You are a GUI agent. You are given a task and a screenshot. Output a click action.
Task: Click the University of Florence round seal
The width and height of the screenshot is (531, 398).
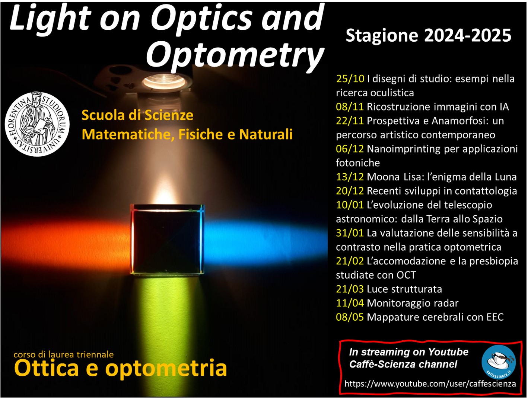37,124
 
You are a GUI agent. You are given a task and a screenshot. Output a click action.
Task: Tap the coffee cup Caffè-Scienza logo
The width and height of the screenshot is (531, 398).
499,362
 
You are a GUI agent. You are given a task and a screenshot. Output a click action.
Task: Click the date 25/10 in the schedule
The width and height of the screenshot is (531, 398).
350,79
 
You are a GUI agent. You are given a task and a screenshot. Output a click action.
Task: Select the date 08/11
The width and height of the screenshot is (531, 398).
350,107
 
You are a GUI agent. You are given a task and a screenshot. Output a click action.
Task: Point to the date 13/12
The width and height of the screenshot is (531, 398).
350,177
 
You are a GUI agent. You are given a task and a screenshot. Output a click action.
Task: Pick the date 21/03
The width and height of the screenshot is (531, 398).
350,289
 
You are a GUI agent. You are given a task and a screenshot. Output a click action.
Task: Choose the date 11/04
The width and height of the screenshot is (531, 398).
350,303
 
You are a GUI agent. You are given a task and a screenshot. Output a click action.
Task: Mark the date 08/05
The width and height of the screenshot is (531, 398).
350,317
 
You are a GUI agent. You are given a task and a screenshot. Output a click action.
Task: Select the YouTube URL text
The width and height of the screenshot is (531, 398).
430,383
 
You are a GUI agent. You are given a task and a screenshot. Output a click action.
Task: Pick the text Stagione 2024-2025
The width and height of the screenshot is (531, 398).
429,36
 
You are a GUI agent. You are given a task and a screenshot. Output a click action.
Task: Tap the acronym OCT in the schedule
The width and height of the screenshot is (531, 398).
406,275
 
